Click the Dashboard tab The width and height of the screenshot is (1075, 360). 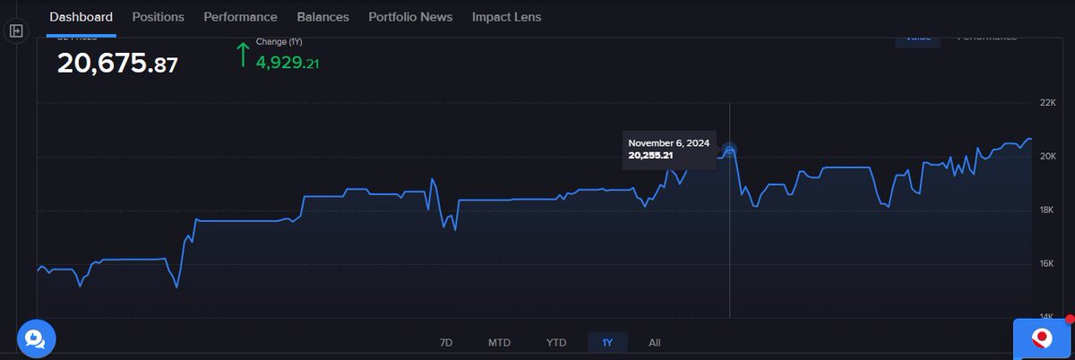(x=81, y=17)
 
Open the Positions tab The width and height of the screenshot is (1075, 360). (x=158, y=17)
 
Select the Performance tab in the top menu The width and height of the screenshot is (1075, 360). (x=240, y=17)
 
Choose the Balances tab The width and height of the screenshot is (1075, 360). (x=322, y=17)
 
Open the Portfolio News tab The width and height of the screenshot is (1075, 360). (x=410, y=17)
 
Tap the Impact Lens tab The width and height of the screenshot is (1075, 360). (x=506, y=17)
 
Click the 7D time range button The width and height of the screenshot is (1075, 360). (x=446, y=343)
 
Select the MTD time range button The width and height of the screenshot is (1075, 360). (x=499, y=343)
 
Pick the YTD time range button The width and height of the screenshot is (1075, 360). (x=556, y=343)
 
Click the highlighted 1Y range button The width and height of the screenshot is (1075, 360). (x=607, y=343)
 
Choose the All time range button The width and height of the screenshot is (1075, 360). (x=655, y=343)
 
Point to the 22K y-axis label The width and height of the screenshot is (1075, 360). (x=1046, y=104)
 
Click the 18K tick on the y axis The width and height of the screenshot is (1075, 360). (x=1046, y=210)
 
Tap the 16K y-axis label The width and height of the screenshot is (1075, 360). (x=1046, y=263)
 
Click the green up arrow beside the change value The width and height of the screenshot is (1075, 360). (x=242, y=56)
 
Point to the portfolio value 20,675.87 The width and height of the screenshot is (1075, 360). (x=117, y=64)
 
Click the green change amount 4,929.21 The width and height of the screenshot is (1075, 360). (x=288, y=64)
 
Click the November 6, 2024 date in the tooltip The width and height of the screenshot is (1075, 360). (x=668, y=143)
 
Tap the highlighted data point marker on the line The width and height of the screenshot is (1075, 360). (x=729, y=150)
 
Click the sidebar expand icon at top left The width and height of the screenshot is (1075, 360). (x=15, y=30)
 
